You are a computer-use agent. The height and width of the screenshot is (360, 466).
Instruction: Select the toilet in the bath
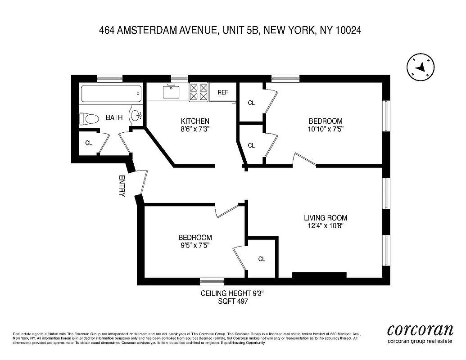click(x=89, y=119)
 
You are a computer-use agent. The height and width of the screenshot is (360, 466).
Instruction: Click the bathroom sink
click(x=136, y=116)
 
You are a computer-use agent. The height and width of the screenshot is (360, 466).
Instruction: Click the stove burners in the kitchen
click(x=198, y=92)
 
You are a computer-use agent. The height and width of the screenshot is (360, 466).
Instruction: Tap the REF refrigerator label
click(x=223, y=92)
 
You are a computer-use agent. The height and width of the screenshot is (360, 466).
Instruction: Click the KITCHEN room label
click(x=195, y=121)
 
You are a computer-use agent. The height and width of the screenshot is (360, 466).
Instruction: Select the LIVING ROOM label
click(x=326, y=218)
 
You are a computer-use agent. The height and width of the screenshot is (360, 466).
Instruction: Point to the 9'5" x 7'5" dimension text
click(x=195, y=245)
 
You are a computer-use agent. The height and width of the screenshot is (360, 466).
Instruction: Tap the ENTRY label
click(x=122, y=186)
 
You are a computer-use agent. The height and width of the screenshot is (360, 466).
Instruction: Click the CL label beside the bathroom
click(x=89, y=143)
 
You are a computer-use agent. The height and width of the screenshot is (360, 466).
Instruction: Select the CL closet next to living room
click(x=262, y=259)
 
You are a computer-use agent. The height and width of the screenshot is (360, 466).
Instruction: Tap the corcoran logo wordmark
click(x=420, y=330)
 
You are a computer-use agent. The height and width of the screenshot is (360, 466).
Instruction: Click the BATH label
click(x=114, y=118)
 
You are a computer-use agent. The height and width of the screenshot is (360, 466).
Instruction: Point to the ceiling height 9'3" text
click(x=231, y=293)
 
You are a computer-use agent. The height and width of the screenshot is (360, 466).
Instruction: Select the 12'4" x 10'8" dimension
click(x=326, y=226)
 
